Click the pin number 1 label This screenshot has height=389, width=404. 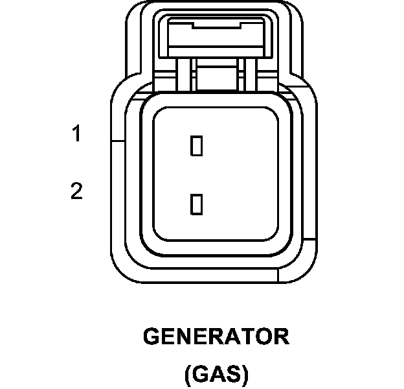(77, 135)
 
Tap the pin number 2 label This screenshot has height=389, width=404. (77, 192)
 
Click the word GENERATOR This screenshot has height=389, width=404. (216, 338)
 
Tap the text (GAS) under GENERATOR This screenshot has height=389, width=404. (216, 374)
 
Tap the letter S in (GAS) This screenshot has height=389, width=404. (234, 374)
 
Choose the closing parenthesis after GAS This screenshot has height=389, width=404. (245, 375)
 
